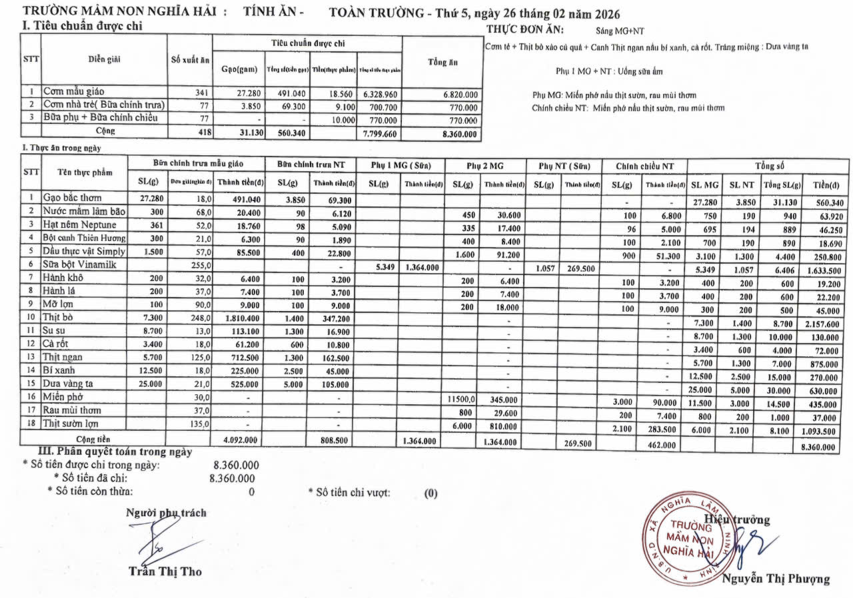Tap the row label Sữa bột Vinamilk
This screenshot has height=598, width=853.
(75, 265)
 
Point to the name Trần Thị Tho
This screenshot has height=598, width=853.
(165, 571)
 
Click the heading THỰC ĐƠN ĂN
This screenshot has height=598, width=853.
(525, 29)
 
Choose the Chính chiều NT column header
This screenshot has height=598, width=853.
(644, 165)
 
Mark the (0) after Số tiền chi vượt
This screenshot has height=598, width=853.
(431, 493)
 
